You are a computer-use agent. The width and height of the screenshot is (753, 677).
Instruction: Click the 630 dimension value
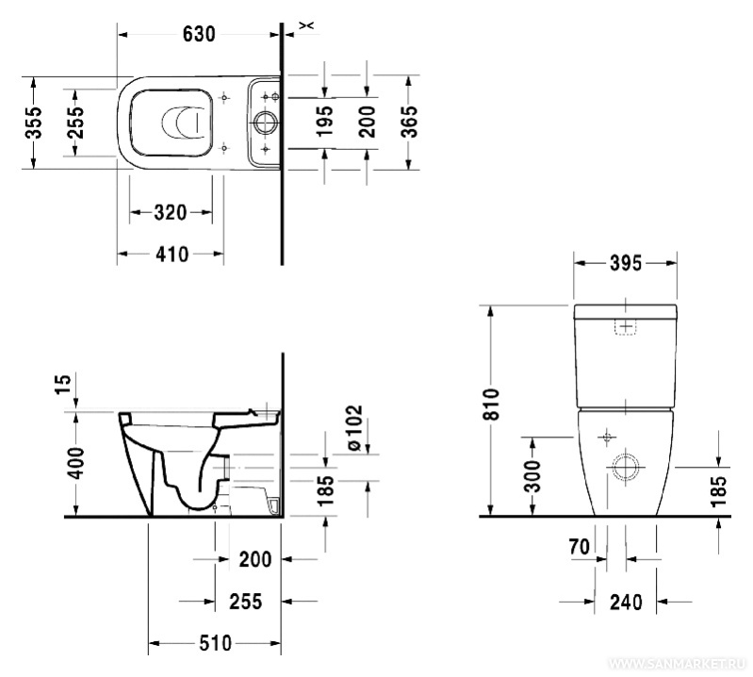coord(199,34)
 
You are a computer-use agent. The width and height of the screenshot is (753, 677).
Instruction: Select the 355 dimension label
coord(34,123)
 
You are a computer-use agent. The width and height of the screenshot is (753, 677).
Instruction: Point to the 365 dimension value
coord(410,122)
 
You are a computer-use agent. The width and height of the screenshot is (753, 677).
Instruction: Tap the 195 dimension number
coord(325,121)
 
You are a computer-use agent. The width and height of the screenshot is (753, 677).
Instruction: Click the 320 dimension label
coord(170,212)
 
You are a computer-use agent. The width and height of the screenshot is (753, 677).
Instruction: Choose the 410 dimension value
coord(172,255)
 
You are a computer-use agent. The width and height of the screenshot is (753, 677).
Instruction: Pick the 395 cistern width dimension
coord(625,263)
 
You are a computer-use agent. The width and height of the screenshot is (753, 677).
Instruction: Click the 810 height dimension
coord(492,405)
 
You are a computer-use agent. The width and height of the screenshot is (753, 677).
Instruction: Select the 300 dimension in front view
coord(532,475)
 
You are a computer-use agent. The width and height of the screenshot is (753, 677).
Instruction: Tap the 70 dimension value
coord(580,546)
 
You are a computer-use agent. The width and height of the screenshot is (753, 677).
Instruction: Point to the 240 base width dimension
coord(626,602)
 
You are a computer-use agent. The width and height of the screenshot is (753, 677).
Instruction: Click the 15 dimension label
coord(63,385)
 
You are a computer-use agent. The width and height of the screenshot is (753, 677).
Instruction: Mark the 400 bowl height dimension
coord(75,463)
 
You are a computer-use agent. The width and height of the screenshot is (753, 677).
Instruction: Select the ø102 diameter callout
coord(354,429)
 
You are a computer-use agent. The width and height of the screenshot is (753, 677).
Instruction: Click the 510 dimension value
coord(215,643)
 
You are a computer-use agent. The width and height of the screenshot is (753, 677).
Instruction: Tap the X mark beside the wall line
coord(306,25)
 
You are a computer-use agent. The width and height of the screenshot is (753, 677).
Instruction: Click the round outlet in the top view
coord(265,123)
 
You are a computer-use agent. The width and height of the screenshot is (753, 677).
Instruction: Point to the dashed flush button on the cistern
coord(625,327)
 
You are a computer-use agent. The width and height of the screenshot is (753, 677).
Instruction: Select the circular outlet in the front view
coord(625,467)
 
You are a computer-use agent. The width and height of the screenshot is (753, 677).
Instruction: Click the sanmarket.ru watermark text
coord(677,664)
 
